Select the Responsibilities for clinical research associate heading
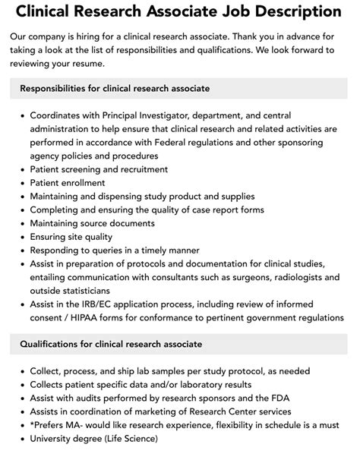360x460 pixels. [x=115, y=89]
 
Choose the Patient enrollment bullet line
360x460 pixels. [x=69, y=183]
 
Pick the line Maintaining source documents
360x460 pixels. [x=93, y=224]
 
